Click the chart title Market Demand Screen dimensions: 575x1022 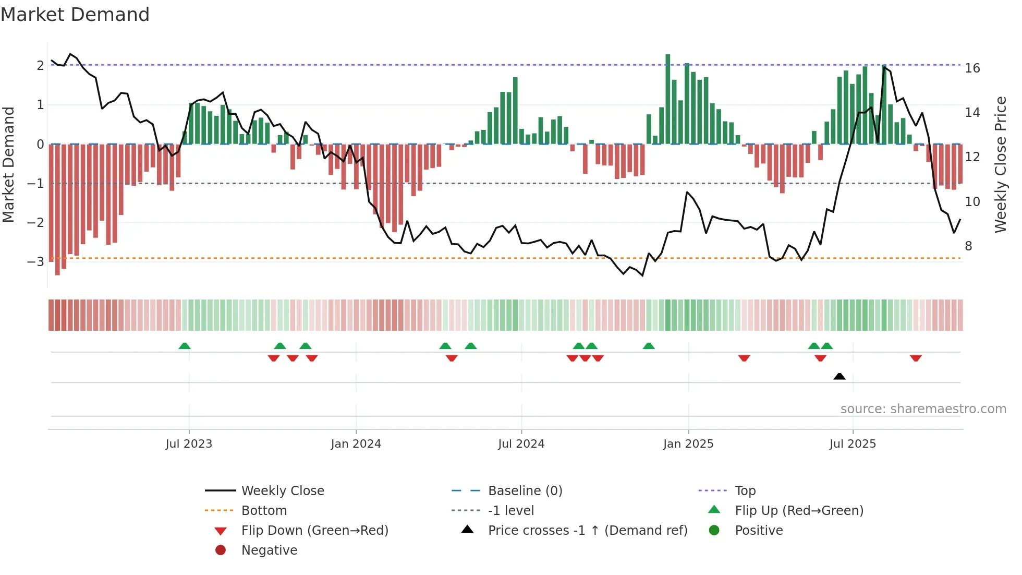tap(75, 15)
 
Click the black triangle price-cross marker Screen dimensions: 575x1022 tap(839, 376)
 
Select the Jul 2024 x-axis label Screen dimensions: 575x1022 tap(521, 444)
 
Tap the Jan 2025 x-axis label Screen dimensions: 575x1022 tap(688, 444)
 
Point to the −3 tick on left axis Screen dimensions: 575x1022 tap(36, 261)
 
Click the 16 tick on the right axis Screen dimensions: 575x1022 tap(972, 68)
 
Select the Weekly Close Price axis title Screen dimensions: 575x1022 tap(1000, 164)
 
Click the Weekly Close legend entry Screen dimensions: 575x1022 tap(282, 491)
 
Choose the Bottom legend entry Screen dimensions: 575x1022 tap(264, 511)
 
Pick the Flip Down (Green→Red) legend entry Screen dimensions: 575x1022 tap(314, 531)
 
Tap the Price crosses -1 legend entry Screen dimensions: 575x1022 tap(587, 531)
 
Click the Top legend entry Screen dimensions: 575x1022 tap(745, 491)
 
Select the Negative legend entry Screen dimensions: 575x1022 tap(269, 550)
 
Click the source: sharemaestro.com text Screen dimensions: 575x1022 tap(923, 409)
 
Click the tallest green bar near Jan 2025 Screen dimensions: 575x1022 tap(667, 99)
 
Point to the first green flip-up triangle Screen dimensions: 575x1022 tap(185, 346)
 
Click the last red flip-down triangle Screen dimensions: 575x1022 tap(916, 358)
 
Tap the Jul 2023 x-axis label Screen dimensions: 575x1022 tap(189, 444)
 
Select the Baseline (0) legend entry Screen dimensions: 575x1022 tap(525, 491)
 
